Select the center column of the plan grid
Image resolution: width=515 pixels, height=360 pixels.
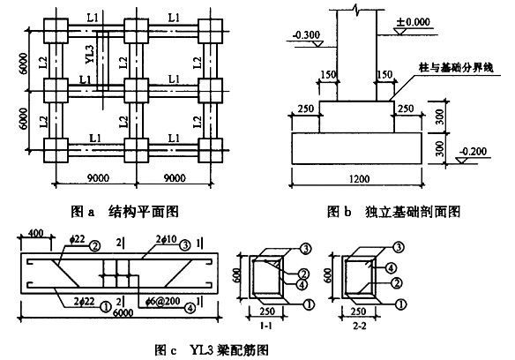pos(135,89)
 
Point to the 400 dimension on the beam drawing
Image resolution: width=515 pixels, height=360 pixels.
pos(36,232)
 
